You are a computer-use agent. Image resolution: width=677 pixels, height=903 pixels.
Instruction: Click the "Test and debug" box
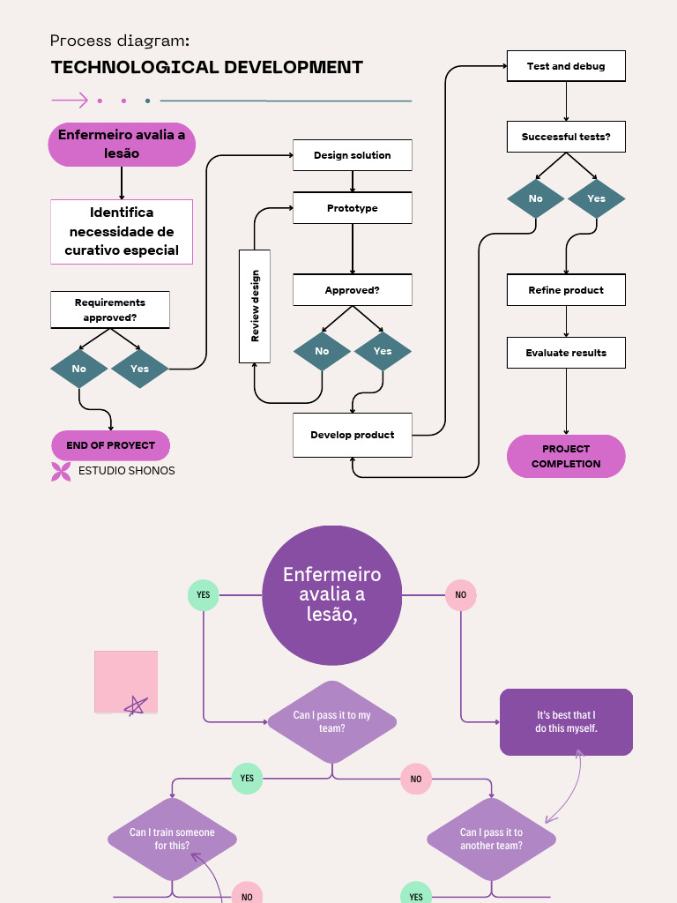point(566,66)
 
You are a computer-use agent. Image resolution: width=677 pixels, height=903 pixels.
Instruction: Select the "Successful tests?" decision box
point(566,137)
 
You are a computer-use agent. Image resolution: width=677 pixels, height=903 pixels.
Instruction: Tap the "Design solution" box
point(353,155)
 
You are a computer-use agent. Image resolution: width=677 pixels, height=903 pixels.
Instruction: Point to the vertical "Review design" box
point(255,306)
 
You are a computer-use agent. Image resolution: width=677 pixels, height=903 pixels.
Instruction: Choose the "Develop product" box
point(353,435)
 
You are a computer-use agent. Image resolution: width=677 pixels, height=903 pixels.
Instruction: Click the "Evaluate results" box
point(566,353)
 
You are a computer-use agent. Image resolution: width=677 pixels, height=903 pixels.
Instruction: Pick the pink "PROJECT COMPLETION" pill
point(566,456)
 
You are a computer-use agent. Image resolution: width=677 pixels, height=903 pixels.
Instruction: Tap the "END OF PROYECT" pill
point(111,445)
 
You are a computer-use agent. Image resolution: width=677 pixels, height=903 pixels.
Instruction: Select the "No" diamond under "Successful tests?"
point(536,198)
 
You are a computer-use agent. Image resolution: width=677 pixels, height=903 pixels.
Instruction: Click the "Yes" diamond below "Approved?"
point(383,351)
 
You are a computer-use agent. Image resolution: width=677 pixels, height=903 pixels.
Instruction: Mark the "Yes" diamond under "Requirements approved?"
point(139,369)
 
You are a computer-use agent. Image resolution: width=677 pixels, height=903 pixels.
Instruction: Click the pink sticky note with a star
point(126,682)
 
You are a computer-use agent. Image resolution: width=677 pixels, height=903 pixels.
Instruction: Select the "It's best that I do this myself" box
point(566,721)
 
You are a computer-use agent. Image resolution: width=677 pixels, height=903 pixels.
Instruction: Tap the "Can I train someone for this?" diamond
point(172,839)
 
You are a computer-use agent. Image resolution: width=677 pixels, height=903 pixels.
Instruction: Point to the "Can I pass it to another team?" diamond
point(491,839)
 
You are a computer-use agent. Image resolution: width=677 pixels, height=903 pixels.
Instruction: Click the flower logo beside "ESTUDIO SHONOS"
point(61,471)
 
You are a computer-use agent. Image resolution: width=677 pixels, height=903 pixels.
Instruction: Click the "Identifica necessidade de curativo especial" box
point(122,231)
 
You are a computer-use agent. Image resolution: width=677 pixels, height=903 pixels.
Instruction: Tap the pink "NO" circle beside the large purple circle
point(460,595)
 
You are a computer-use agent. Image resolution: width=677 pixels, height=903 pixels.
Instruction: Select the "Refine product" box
point(566,290)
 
